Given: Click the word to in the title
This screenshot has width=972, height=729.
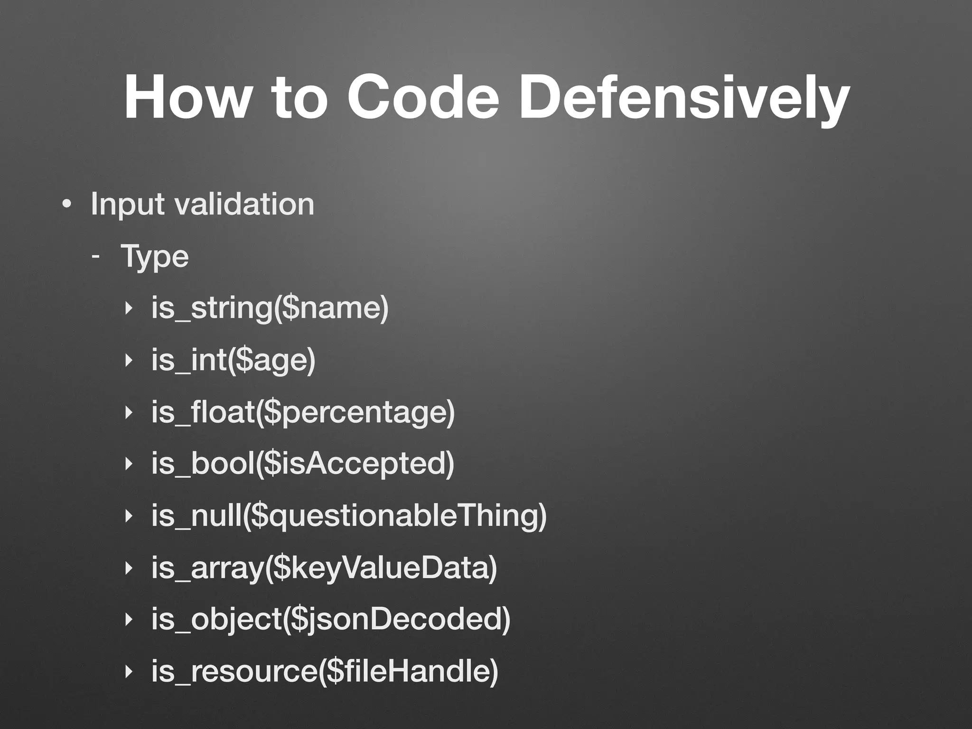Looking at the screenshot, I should pyautogui.click(x=299, y=97).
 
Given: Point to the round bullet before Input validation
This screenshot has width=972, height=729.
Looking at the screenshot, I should pyautogui.click(x=67, y=205).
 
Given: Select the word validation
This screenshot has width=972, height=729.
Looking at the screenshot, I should pyautogui.click(x=244, y=204).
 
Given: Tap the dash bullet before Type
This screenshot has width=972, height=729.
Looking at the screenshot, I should pyautogui.click(x=96, y=256).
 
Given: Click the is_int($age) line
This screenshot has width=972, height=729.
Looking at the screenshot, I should pyautogui.click(x=233, y=360).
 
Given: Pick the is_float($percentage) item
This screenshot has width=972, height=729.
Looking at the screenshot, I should pyautogui.click(x=303, y=412).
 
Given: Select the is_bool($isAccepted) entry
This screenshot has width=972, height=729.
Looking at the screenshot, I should pyautogui.click(x=303, y=464).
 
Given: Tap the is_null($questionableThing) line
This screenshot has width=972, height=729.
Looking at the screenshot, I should pyautogui.click(x=349, y=516).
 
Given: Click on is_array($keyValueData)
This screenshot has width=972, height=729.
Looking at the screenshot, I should pyautogui.click(x=324, y=568).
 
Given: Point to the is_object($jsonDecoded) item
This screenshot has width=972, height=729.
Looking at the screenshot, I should pyautogui.click(x=331, y=619).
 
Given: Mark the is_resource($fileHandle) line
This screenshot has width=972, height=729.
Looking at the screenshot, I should pyautogui.click(x=325, y=671).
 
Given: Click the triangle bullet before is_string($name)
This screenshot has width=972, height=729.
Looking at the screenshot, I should pyautogui.click(x=127, y=308).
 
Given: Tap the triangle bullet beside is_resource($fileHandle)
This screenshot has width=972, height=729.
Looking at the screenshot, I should pyautogui.click(x=127, y=671).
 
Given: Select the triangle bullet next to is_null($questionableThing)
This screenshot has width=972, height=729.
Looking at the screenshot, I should pyautogui.click(x=127, y=516).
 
